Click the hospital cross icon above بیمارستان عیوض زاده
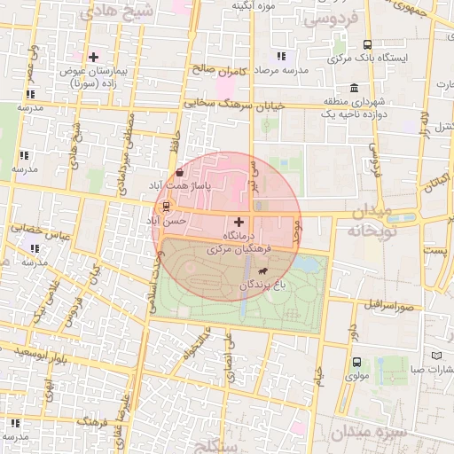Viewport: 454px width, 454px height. (x=93, y=57)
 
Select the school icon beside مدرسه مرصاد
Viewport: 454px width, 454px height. (x=281, y=57)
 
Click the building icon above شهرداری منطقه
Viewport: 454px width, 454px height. (x=355, y=89)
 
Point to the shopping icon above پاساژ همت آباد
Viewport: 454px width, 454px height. (x=181, y=173)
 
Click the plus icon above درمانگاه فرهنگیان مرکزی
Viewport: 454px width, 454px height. (x=239, y=222)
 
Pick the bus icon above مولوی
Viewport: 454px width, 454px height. (x=356, y=362)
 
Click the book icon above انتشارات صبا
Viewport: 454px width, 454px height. (x=435, y=356)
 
